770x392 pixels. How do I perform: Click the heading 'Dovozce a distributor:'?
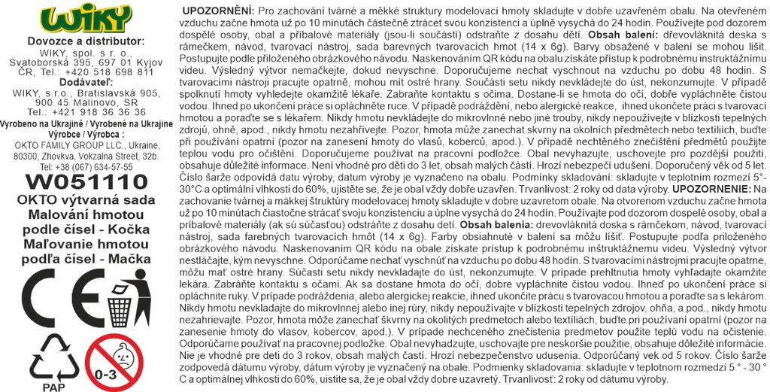point(85,41)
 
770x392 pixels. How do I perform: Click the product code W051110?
point(86,182)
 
